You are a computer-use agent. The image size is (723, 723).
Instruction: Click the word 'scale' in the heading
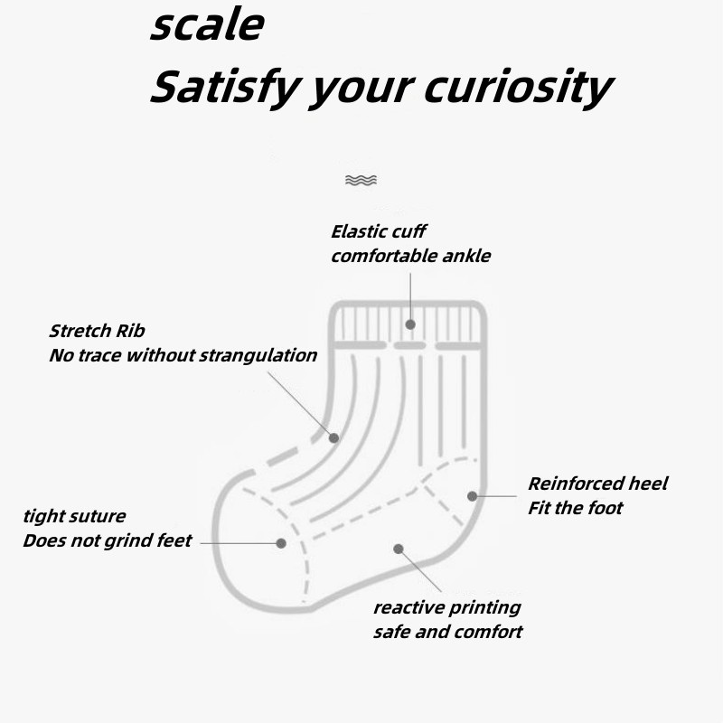(206, 25)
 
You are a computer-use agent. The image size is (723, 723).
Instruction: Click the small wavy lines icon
(361, 181)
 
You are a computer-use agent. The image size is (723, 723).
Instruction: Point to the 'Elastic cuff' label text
(378, 231)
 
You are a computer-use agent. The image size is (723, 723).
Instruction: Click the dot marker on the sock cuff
(410, 324)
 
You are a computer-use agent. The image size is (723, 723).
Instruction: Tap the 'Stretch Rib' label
(97, 331)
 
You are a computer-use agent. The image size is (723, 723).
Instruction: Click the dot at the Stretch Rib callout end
(333, 437)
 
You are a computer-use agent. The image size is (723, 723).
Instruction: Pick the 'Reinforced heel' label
(597, 484)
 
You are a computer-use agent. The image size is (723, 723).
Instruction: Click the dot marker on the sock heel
(472, 495)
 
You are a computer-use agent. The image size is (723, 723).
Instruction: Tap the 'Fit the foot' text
(575, 508)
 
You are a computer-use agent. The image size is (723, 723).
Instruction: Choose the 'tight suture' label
(74, 516)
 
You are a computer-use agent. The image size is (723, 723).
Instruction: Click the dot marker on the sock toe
(281, 543)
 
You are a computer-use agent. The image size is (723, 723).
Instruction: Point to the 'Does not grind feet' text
(107, 540)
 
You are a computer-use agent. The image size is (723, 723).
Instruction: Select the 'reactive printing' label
(446, 607)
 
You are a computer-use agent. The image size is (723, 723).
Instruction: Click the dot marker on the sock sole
(398, 548)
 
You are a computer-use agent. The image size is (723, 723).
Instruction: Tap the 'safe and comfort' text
(447, 632)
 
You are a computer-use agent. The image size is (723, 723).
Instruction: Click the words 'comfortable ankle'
(410, 256)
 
